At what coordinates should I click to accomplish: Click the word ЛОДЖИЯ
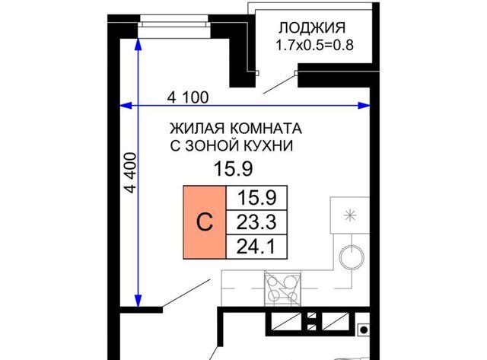coord(311,27)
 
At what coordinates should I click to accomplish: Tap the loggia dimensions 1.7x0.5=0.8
coord(314,46)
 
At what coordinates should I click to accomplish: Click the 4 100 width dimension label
coord(188,97)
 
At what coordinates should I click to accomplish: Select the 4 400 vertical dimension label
coord(130,173)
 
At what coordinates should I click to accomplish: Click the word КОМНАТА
coord(266,129)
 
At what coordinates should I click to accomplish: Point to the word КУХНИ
coord(268,145)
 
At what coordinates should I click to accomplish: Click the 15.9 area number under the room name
coord(234,169)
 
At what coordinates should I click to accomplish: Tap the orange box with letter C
coord(205,222)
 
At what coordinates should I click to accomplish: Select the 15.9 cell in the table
coord(256,198)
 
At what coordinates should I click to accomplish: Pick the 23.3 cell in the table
coord(256,221)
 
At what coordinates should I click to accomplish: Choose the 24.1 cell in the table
coord(256,247)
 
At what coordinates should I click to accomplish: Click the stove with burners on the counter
coord(282,288)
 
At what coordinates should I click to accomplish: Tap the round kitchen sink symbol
coord(352,257)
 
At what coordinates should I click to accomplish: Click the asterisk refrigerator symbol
coord(350,215)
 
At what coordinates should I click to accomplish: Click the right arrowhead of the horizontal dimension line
coord(364,106)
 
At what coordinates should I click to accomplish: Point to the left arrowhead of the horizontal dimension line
coord(126,106)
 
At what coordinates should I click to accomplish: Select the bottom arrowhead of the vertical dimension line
coord(138,301)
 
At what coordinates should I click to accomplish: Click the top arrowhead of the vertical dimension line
coord(138,44)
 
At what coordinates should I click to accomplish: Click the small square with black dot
coord(364,330)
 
